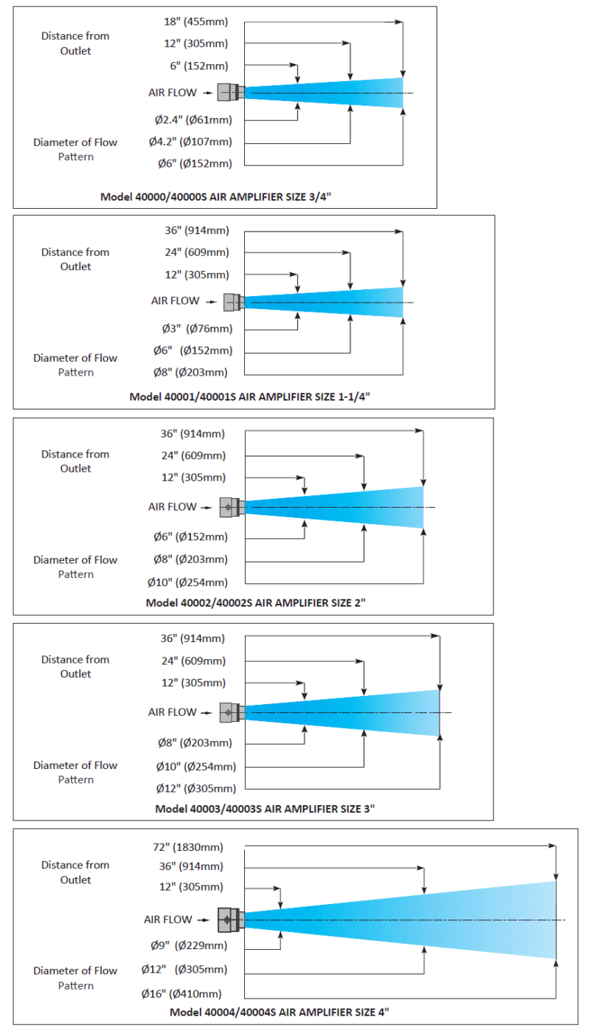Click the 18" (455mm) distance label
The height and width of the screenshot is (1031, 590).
click(196, 21)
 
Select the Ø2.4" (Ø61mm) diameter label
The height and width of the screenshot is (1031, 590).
click(193, 120)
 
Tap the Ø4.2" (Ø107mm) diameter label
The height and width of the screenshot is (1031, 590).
click(190, 142)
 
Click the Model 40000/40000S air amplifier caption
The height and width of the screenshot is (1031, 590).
click(215, 197)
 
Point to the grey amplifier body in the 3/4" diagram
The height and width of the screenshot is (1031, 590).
click(230, 92)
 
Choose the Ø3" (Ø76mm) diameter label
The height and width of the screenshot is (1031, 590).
click(197, 328)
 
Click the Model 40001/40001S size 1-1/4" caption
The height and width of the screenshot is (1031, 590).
click(250, 397)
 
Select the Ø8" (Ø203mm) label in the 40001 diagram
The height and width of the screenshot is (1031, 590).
click(190, 373)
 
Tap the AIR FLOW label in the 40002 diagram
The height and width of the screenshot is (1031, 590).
click(173, 507)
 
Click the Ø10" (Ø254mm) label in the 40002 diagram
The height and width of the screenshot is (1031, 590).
click(187, 583)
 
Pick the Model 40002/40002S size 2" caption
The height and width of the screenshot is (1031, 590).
click(256, 603)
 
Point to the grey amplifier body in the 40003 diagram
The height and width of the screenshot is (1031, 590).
click(232, 712)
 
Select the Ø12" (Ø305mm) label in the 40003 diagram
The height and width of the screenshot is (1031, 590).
click(196, 789)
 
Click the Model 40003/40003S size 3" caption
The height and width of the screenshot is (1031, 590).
click(265, 809)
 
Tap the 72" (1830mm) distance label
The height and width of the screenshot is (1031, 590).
click(188, 847)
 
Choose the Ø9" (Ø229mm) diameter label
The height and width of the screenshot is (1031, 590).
click(189, 945)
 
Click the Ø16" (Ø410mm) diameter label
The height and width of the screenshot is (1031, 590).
click(181, 994)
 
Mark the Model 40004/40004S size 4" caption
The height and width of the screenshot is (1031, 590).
click(280, 1013)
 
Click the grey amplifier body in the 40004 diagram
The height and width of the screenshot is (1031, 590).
click(231, 920)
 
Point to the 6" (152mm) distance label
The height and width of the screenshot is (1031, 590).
click(199, 66)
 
